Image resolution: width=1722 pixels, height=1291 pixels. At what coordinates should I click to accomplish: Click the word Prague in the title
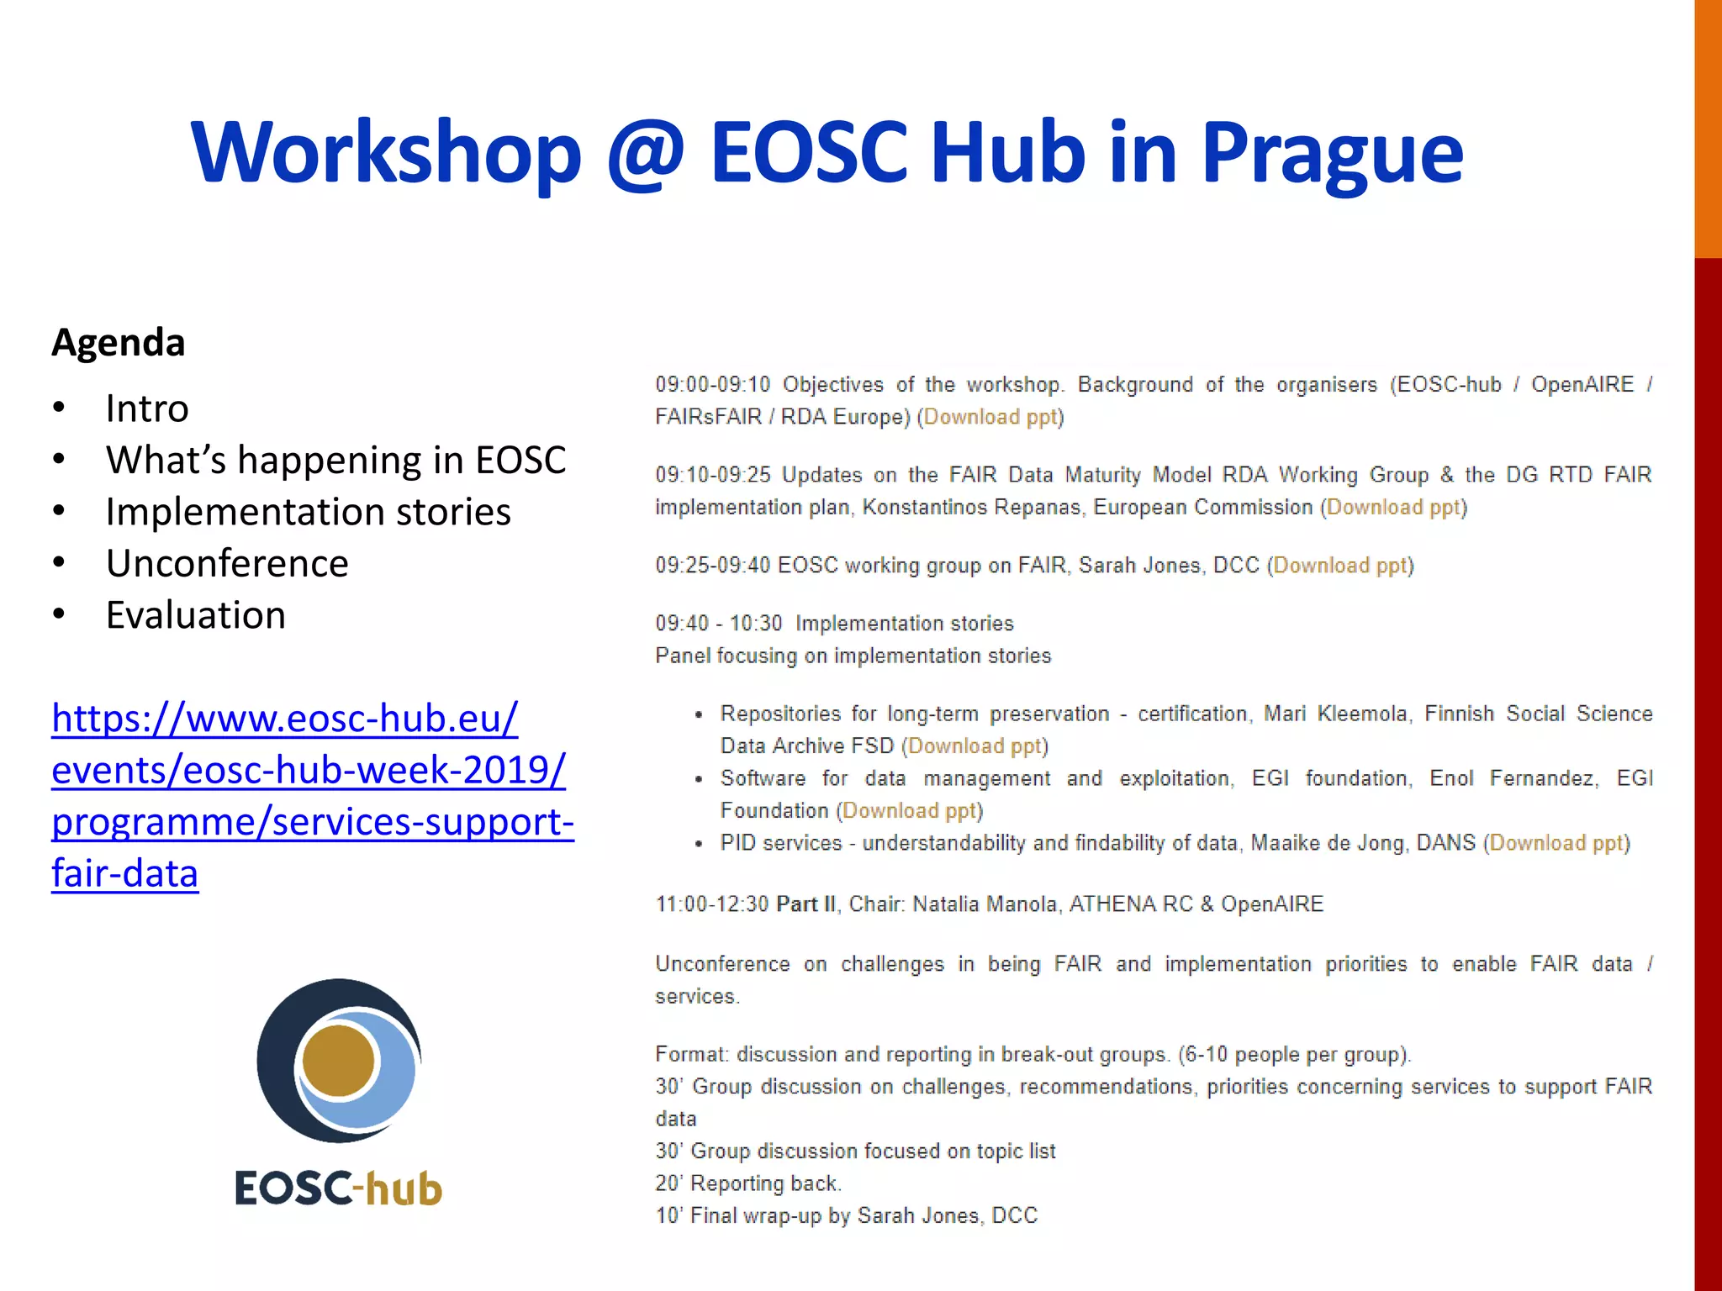click(x=1332, y=153)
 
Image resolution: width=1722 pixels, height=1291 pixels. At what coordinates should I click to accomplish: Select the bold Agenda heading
click(x=119, y=343)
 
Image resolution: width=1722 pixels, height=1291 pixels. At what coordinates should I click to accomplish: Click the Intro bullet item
click(x=147, y=409)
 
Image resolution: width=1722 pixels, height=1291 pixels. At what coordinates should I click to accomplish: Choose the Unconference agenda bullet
click(x=227, y=564)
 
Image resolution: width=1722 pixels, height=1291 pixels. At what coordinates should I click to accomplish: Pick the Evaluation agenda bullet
click(x=196, y=615)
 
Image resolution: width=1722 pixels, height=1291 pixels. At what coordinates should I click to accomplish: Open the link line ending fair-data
click(x=125, y=874)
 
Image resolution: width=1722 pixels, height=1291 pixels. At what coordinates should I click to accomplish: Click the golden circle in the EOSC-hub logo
click(x=338, y=1061)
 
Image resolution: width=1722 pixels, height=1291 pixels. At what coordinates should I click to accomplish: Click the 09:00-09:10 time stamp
click(x=712, y=385)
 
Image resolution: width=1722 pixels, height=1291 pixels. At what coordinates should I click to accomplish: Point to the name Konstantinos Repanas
click(x=971, y=508)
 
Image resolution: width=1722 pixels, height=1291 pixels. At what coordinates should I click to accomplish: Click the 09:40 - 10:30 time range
click(x=719, y=624)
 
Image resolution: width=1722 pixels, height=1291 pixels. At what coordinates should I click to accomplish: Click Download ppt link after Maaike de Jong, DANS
click(x=1556, y=843)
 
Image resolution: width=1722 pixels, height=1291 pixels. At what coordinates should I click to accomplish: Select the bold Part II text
click(x=806, y=904)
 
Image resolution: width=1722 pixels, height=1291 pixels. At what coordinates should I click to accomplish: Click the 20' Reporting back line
click(x=748, y=1183)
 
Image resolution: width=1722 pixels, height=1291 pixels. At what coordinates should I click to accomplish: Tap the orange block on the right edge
click(x=1708, y=126)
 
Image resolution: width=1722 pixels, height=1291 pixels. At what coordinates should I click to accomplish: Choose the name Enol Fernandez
click(x=1511, y=778)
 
